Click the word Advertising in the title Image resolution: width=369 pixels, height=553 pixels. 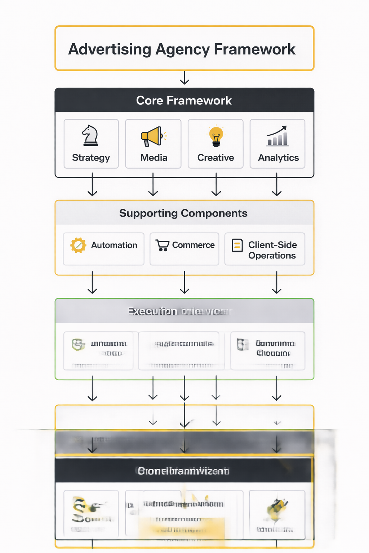point(110,49)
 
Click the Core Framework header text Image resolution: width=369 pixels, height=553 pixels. point(184,100)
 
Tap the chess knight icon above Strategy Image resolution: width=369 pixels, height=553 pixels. point(90,135)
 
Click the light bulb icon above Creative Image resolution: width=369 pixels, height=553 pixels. point(216,136)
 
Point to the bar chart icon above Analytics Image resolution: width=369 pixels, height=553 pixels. point(277,136)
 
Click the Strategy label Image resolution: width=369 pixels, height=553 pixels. point(91,158)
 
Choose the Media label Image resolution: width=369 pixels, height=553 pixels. point(154,158)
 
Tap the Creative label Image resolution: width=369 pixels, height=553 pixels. point(215,158)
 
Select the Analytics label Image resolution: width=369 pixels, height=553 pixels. point(278,158)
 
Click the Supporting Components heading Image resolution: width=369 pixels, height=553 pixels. point(183,213)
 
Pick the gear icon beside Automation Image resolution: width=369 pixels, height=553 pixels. point(78,245)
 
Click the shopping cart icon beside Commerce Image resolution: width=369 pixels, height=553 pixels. point(163,245)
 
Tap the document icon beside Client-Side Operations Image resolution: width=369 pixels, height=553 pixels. point(237,245)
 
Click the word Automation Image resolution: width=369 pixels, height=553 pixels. point(114,245)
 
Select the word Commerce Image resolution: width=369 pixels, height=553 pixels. point(193,245)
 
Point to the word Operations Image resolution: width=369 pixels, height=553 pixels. point(272,256)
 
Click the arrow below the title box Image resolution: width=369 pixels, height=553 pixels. point(184,78)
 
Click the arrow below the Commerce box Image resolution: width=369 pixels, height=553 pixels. point(184,283)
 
